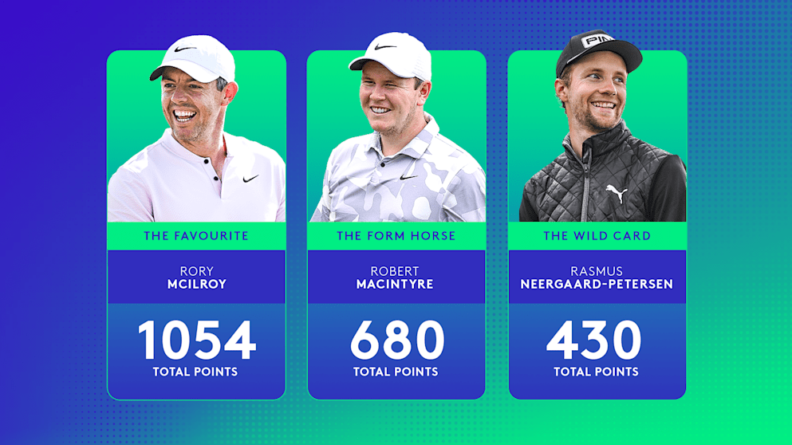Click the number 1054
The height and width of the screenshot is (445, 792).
point(196,341)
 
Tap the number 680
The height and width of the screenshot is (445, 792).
point(396,341)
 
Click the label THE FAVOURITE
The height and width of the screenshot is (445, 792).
point(196,236)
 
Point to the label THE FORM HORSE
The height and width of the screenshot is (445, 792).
point(396,236)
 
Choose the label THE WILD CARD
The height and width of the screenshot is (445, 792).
point(597,236)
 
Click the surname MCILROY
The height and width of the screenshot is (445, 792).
point(196,285)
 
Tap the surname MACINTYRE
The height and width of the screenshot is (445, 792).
point(396,285)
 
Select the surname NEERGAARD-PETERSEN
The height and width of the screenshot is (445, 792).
point(597,285)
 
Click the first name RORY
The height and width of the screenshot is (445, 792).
point(196,271)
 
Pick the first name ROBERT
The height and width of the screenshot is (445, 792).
point(396,271)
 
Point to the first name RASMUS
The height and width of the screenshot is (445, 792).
point(597,271)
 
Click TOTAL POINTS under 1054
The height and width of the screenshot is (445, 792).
point(196,372)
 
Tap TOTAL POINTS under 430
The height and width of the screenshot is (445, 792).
point(597,372)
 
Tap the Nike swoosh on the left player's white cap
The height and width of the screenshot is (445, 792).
point(185,49)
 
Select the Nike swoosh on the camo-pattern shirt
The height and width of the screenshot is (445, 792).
point(408,176)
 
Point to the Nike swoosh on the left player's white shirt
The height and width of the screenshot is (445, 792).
point(250,179)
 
